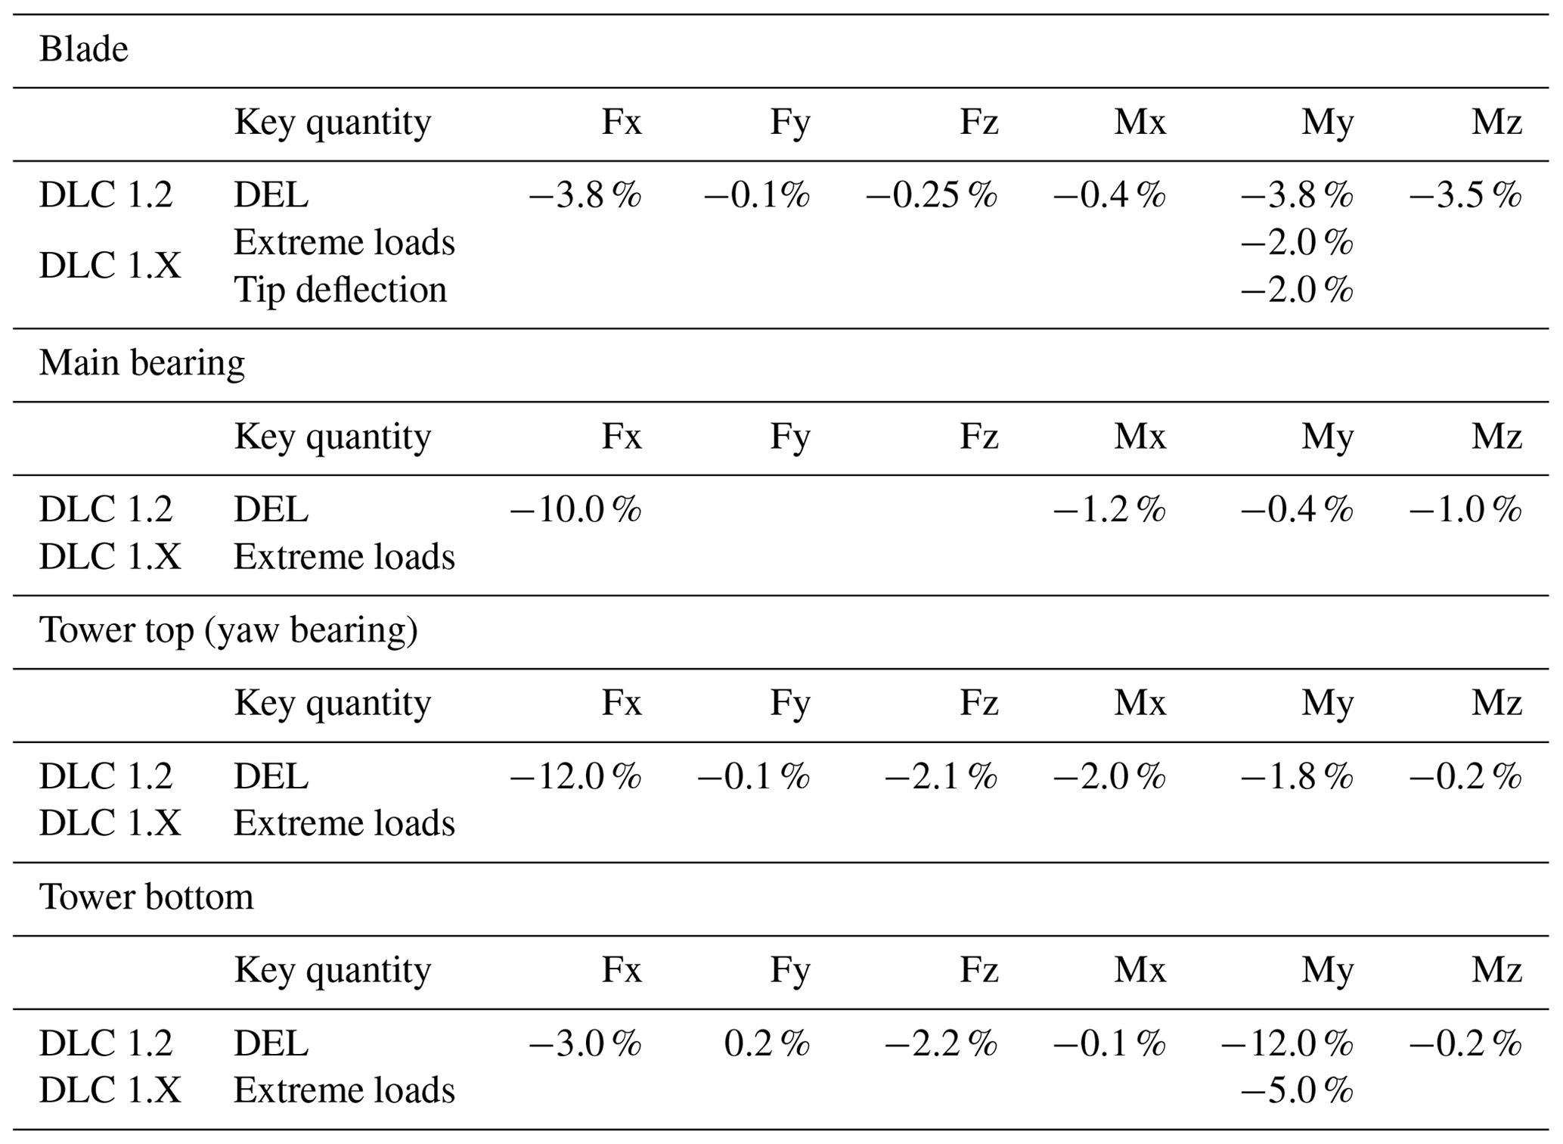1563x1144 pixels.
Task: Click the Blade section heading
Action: point(83,50)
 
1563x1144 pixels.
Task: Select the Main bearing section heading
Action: point(142,363)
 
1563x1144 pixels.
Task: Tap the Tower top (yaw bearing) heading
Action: point(228,630)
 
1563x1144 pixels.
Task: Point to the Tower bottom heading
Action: point(146,897)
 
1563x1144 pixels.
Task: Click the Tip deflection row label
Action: point(340,290)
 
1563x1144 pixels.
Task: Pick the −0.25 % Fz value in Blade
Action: point(932,195)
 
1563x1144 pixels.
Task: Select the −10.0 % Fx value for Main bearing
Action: point(576,509)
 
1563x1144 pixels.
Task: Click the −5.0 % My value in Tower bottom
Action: point(1297,1090)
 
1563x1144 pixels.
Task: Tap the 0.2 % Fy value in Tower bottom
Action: point(767,1044)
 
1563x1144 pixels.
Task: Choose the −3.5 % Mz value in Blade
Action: point(1465,195)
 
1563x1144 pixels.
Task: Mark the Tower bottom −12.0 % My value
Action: point(1287,1044)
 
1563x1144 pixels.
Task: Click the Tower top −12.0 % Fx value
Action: point(576,777)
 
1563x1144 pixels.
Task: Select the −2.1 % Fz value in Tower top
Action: point(941,777)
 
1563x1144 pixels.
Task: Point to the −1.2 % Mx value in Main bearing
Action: point(1110,509)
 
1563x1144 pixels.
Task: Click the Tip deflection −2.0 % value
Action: point(1297,290)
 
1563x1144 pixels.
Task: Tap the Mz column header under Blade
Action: point(1496,123)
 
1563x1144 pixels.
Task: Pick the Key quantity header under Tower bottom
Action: point(333,971)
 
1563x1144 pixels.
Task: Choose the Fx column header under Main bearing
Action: point(622,437)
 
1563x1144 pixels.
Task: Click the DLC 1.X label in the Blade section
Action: point(110,266)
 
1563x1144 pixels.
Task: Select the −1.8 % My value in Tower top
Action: point(1297,777)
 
